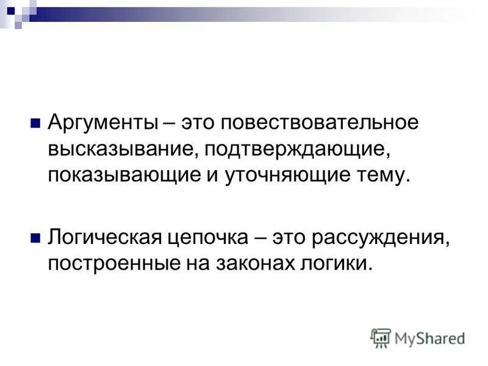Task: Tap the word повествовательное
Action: pyautogui.click(x=320, y=122)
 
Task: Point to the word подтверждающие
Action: pyautogui.click(x=298, y=149)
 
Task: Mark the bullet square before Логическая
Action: pyautogui.click(x=35, y=235)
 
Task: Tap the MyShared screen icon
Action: pyautogui.click(x=380, y=338)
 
